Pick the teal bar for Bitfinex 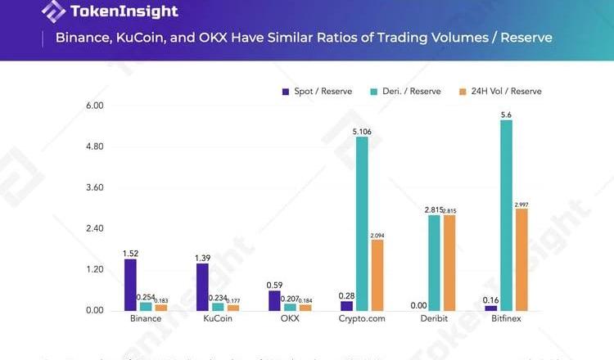pos(506,215)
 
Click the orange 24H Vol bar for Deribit pos(449,263)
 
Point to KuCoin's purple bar pos(202,287)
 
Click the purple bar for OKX pos(274,300)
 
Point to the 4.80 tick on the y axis pos(97,147)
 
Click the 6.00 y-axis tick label pos(97,106)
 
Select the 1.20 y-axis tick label pos(97,270)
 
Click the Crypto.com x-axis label pos(361,320)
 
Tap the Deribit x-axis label pos(434,320)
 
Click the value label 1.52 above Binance pos(130,253)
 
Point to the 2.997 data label pos(522,204)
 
